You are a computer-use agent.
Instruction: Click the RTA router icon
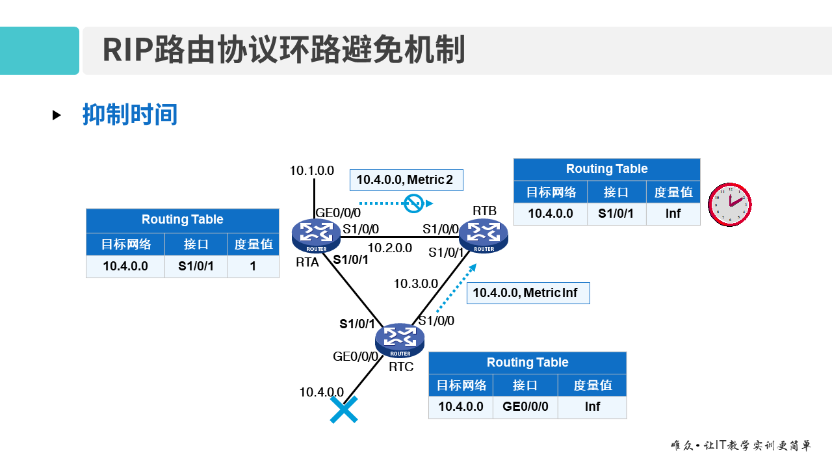[316, 235]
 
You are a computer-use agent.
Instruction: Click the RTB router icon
[484, 235]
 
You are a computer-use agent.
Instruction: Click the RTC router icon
[400, 340]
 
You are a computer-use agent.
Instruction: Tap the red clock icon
[729, 204]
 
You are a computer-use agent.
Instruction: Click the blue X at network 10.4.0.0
[344, 410]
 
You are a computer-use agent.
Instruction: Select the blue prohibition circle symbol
[413, 203]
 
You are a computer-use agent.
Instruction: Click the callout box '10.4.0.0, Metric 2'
[406, 180]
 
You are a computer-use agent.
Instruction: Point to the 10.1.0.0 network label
[312, 171]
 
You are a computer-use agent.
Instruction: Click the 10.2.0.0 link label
[390, 248]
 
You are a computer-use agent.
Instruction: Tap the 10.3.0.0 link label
[415, 283]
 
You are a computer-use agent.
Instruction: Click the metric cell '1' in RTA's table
[253, 266]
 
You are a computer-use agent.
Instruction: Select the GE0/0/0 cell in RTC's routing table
[525, 407]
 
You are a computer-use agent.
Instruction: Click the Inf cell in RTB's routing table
[673, 213]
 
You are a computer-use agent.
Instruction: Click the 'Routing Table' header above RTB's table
[606, 169]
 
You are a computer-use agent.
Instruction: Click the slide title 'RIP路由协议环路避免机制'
[283, 51]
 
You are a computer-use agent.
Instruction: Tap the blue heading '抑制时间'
[130, 114]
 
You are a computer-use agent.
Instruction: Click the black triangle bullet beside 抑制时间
[57, 115]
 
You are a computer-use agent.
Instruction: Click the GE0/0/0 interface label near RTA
[338, 213]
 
